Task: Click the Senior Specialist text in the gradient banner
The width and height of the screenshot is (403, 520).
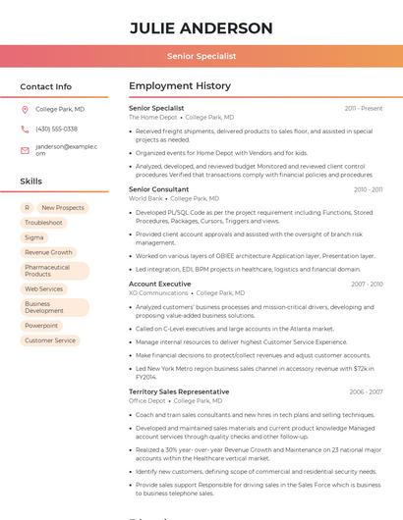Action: click(x=201, y=56)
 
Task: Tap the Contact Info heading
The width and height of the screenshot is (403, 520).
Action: click(x=46, y=86)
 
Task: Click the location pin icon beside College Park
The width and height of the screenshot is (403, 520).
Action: click(x=25, y=109)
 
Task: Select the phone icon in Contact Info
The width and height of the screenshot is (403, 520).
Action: click(x=25, y=129)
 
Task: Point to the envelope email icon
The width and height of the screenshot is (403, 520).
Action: click(x=25, y=150)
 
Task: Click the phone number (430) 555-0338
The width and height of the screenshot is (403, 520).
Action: click(x=56, y=129)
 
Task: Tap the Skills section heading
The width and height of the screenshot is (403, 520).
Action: click(x=30, y=182)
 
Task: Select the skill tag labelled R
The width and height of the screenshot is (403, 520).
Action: click(x=27, y=208)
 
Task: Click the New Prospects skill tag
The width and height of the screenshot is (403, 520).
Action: click(x=63, y=208)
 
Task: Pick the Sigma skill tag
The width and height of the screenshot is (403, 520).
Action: click(x=34, y=237)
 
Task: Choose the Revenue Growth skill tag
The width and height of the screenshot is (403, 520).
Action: click(x=48, y=252)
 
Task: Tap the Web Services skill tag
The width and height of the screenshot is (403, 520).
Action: click(x=44, y=289)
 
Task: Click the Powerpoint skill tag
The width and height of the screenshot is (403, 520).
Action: click(x=41, y=326)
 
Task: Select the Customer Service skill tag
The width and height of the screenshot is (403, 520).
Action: click(x=50, y=340)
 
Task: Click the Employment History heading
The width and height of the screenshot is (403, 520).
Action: click(x=180, y=86)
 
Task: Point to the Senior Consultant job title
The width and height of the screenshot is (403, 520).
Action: click(x=158, y=189)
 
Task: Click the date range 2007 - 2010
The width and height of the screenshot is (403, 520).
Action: click(x=367, y=285)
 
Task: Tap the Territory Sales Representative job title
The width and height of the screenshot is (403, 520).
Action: click(x=179, y=391)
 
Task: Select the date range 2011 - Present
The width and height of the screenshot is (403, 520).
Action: click(x=364, y=108)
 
